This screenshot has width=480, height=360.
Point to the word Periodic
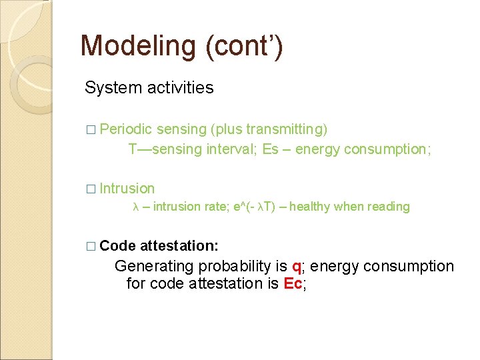point(126,129)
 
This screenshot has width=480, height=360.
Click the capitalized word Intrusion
point(127,189)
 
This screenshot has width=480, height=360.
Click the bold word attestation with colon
point(179,246)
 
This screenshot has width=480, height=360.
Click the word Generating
point(155,267)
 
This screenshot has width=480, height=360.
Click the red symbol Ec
point(293,284)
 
